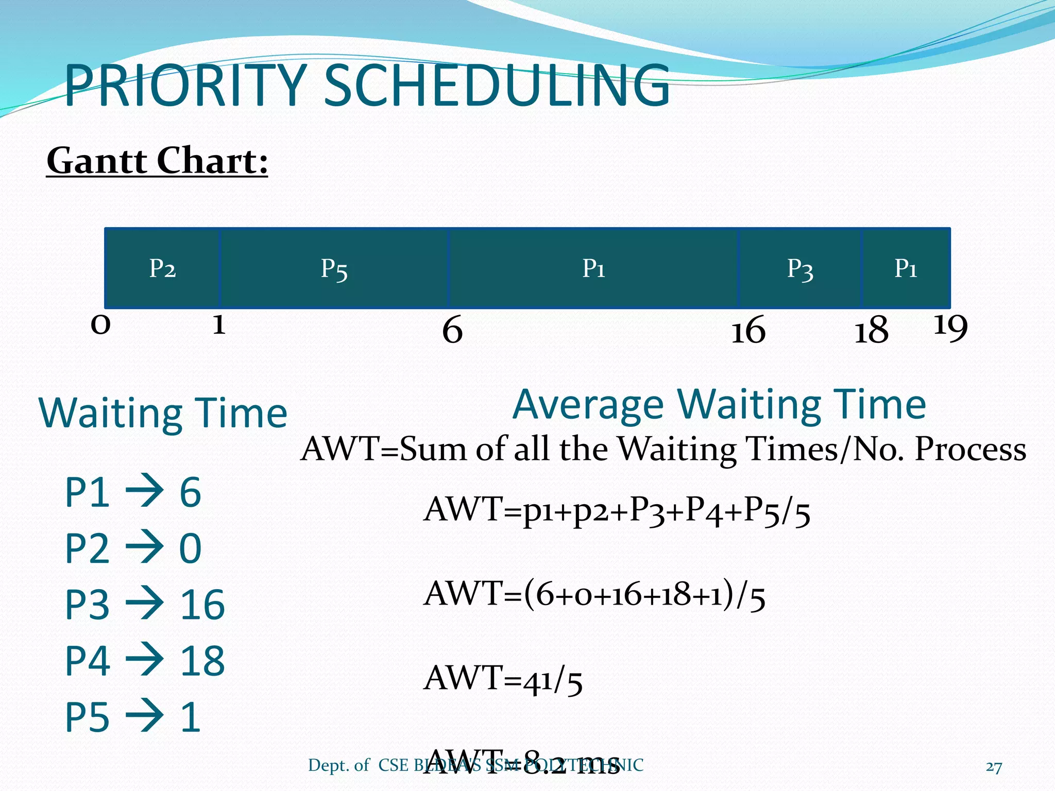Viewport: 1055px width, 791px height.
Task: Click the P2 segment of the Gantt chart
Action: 162,268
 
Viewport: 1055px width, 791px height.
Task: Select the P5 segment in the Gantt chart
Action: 334,268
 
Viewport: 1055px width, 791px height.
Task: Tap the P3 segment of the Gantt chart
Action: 800,268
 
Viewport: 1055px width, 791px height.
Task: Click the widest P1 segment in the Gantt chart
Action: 593,268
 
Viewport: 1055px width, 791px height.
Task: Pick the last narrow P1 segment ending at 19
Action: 906,268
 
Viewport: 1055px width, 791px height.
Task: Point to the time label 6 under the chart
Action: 452,330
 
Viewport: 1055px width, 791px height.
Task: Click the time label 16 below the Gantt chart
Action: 748,330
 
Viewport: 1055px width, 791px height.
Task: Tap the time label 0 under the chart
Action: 100,325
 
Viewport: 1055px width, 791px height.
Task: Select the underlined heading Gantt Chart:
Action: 157,161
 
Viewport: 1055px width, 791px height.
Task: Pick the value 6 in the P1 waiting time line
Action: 190,492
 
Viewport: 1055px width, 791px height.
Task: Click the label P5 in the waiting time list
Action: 87,717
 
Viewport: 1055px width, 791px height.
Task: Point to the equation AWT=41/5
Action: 503,679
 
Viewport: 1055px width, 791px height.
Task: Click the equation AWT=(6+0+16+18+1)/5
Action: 594,594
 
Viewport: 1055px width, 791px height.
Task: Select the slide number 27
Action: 994,767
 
